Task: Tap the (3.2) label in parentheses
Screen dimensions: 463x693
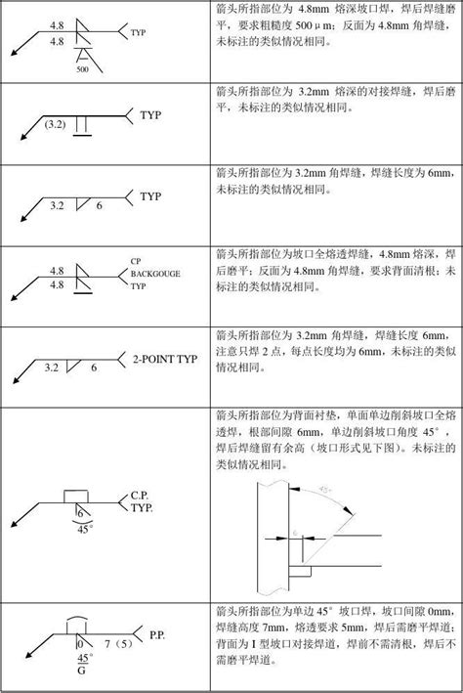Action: click(x=57, y=125)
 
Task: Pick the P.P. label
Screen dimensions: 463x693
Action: click(x=156, y=635)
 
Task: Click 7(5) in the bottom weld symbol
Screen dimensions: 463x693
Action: click(x=109, y=644)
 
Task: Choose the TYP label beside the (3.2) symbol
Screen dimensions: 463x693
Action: click(x=151, y=114)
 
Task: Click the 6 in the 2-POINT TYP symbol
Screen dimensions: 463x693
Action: click(x=94, y=368)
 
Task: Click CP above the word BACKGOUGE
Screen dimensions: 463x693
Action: click(x=136, y=261)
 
